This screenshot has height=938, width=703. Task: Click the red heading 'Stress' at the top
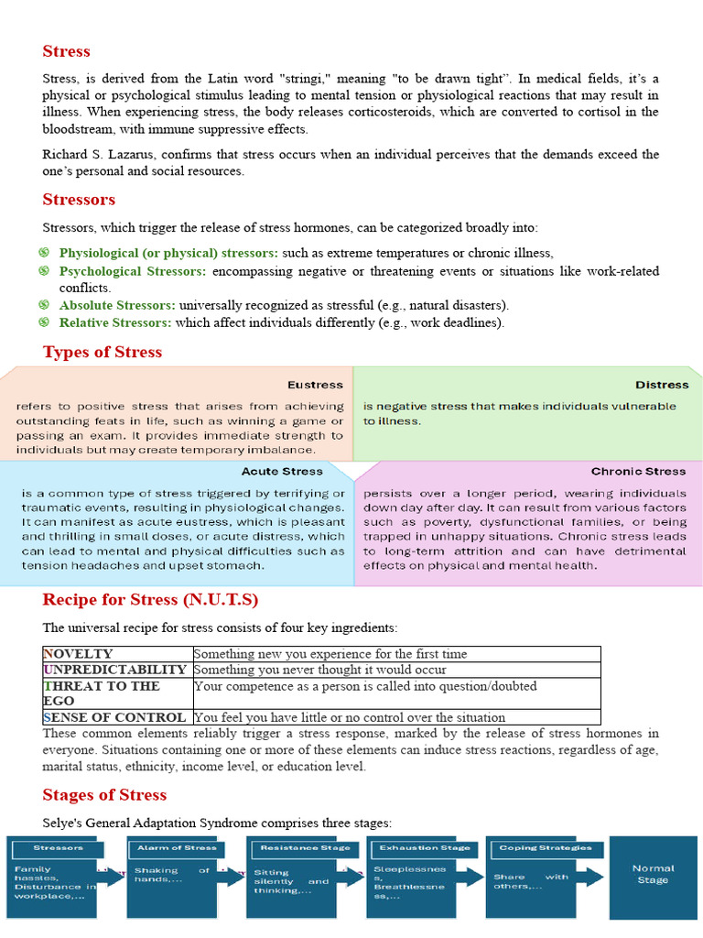coord(66,51)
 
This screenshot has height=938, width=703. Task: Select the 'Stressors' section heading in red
coord(79,200)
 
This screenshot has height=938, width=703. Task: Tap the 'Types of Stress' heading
coord(102,352)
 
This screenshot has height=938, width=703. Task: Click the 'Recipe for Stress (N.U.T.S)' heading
coord(150,600)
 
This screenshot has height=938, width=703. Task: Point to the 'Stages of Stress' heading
coord(104,794)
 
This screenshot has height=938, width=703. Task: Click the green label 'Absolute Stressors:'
coord(118,305)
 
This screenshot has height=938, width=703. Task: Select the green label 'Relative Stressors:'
coord(115,322)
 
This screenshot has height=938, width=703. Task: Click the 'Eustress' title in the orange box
coord(315,385)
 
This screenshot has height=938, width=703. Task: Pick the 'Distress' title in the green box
coord(662,385)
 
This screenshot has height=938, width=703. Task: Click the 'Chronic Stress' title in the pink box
coord(638,472)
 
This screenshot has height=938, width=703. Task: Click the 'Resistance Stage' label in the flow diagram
coord(305,848)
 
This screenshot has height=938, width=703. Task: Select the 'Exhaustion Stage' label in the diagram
coord(425,848)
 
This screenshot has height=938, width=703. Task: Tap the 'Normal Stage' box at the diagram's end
coord(653,874)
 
